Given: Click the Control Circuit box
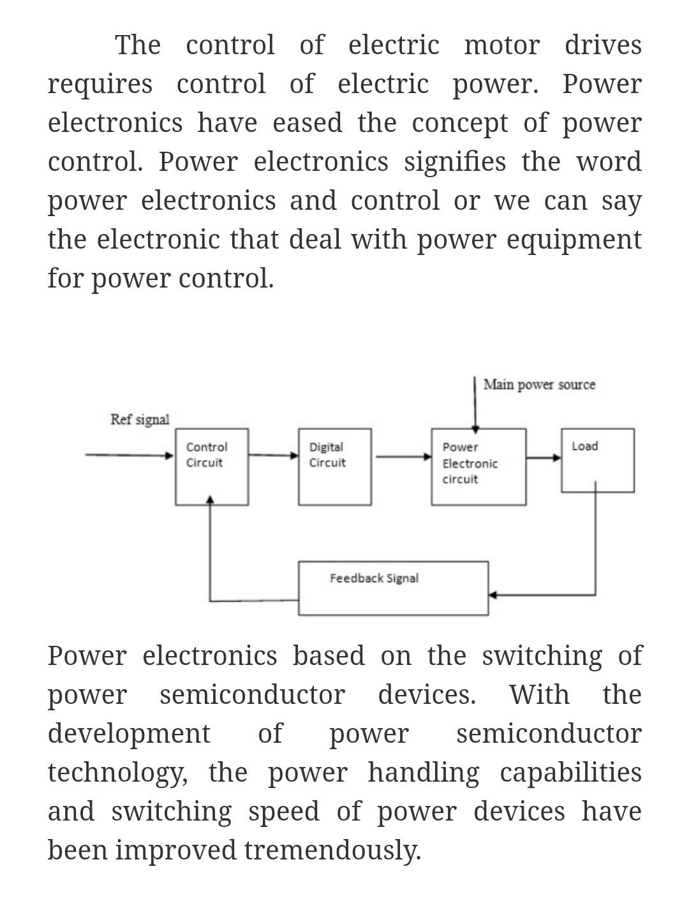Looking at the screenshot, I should click(x=212, y=467).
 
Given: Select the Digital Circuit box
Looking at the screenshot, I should click(x=334, y=467).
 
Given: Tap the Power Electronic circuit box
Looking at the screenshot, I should click(x=478, y=467).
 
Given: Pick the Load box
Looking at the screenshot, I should click(x=597, y=460).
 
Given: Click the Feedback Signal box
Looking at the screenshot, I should click(x=393, y=588).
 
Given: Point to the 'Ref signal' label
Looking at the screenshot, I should click(x=140, y=420).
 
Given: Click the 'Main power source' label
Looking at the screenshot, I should click(x=539, y=384).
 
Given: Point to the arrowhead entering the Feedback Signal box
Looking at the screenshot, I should click(x=492, y=595).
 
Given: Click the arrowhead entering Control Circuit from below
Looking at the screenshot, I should click(x=210, y=501).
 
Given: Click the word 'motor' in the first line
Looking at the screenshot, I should click(x=501, y=45).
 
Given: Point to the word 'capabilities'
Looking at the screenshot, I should click(x=570, y=773).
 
